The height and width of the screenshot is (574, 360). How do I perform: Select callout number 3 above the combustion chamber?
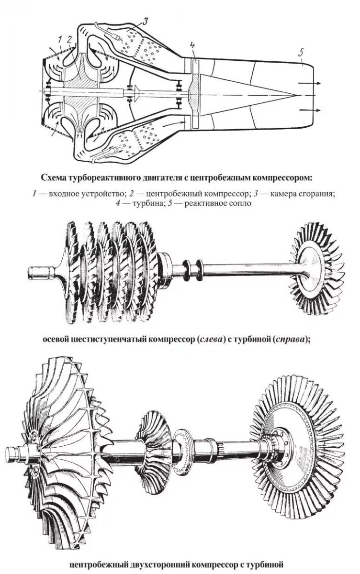click(145, 20)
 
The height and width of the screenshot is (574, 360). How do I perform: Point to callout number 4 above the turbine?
click(192, 46)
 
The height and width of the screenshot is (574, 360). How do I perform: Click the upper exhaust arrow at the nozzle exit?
click(308, 83)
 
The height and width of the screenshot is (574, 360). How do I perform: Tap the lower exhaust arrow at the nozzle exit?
click(308, 110)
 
